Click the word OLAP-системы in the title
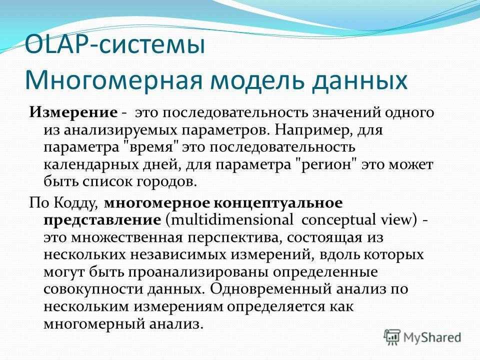pos(115,45)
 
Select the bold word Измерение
pos(73,112)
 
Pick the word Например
pos(311,130)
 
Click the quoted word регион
pos(327,165)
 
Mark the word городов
pos(165,182)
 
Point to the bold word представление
pos(102,220)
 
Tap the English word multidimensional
pos(231,220)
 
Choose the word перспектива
pos(234,237)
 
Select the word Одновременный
pos(271,289)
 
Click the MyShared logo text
pos(432,337)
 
